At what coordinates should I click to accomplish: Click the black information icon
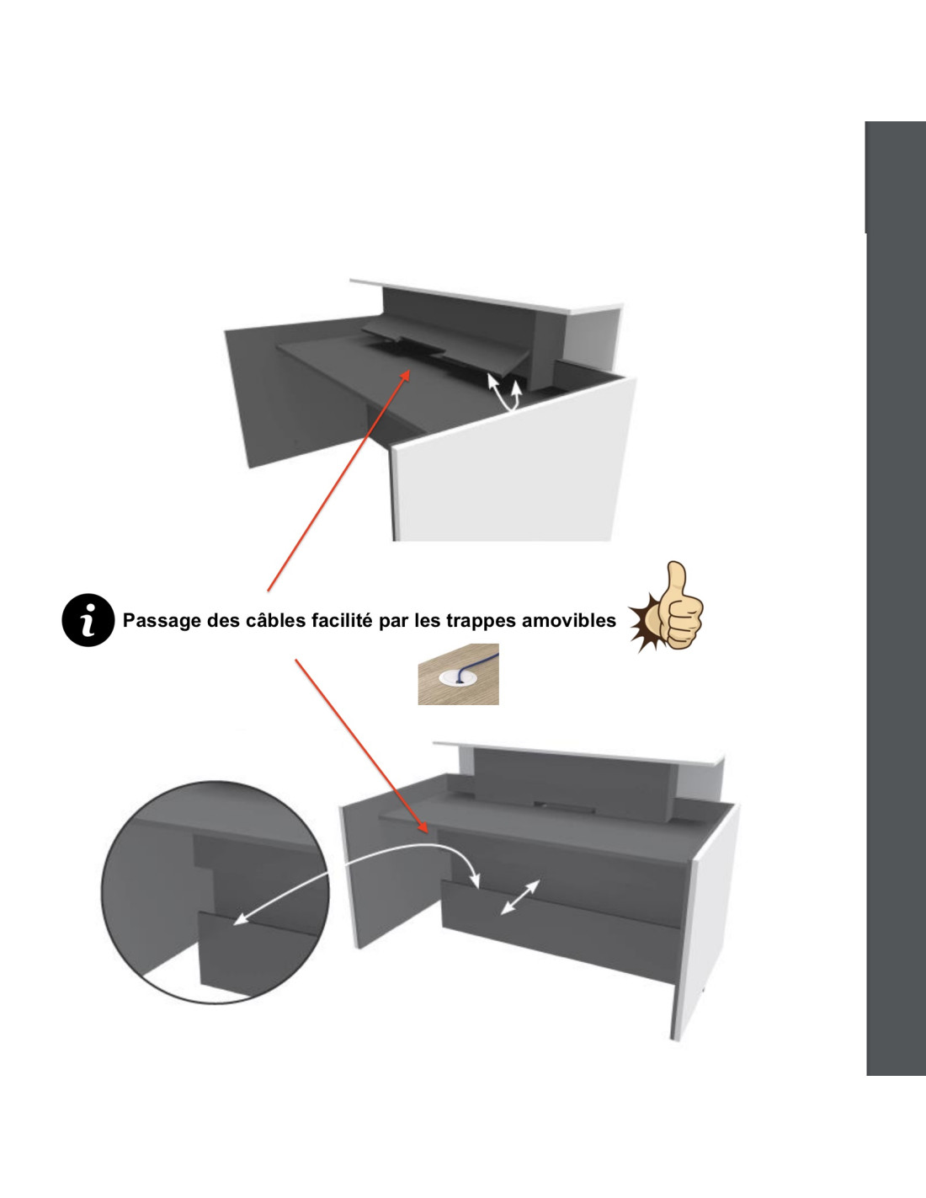88,620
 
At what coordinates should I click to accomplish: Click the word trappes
479,622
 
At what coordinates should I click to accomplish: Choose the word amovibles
567,620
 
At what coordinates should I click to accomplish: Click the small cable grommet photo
458,674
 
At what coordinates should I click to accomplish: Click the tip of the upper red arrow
411,370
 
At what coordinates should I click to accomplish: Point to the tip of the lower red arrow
427,833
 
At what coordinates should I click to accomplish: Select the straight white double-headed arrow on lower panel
519,897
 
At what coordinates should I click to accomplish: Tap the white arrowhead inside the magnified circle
240,920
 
